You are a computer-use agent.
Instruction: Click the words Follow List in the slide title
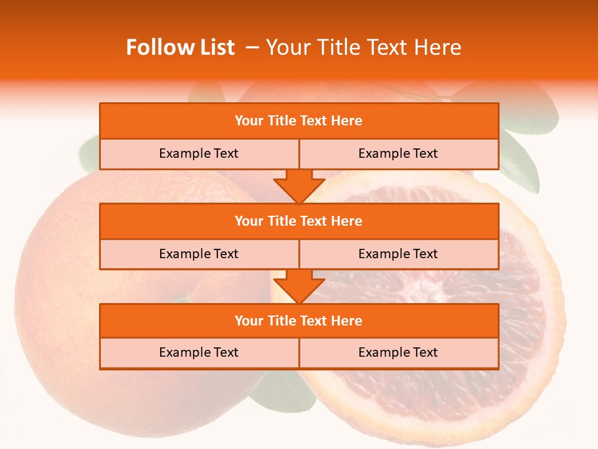click(181, 47)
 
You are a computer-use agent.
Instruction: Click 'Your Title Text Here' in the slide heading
click(363, 47)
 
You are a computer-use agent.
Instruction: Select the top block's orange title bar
click(299, 121)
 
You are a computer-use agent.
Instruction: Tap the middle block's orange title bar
click(299, 221)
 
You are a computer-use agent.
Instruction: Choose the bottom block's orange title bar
click(299, 321)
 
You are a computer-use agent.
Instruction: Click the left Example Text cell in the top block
click(199, 153)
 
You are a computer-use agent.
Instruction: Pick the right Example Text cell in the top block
click(398, 153)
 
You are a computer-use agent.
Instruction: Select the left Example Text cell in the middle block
click(199, 254)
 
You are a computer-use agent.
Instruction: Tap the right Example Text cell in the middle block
click(398, 254)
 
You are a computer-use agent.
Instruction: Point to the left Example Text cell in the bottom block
click(199, 352)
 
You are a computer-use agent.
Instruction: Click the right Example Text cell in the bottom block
click(398, 352)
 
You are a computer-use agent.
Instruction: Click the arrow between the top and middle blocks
click(299, 186)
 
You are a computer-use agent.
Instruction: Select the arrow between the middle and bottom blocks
click(299, 286)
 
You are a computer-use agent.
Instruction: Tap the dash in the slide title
click(253, 47)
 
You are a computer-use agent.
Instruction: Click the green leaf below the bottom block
click(280, 390)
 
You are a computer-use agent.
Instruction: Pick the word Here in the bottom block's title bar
click(347, 321)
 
